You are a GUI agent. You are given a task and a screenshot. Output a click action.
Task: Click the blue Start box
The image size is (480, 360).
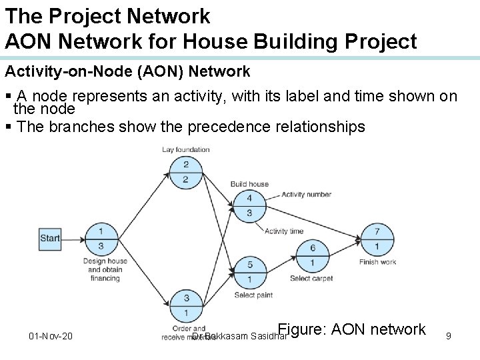pyautogui.click(x=50, y=238)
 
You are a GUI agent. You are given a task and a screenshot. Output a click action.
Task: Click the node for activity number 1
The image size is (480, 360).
pyautogui.click(x=101, y=239)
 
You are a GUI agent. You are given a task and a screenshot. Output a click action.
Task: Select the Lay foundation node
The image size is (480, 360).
pyautogui.click(x=186, y=172)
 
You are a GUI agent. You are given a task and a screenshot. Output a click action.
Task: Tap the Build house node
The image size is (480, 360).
pyautogui.click(x=249, y=205)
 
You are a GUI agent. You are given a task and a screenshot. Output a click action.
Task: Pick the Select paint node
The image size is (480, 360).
pyautogui.click(x=249, y=272)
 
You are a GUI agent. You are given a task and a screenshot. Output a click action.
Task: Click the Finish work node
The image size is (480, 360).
pyautogui.click(x=377, y=239)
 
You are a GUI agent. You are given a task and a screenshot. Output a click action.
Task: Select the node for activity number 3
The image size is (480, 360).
pyautogui.click(x=186, y=305)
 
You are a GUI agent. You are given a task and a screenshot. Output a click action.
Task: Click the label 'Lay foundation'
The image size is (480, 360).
pyautogui.click(x=186, y=149)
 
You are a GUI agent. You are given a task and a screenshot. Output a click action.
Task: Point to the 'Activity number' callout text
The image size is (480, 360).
pyautogui.click(x=306, y=195)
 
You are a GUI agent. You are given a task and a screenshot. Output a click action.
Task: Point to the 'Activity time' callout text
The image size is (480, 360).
pyautogui.click(x=284, y=231)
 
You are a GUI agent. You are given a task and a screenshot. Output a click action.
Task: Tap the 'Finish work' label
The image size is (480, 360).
pyautogui.click(x=377, y=262)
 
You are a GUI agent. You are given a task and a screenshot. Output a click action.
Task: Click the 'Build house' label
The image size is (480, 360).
pyautogui.click(x=249, y=184)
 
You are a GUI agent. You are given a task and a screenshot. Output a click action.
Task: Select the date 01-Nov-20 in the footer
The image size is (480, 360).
pyautogui.click(x=51, y=336)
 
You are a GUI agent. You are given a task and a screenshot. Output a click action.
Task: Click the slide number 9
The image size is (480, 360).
pyautogui.click(x=449, y=336)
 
